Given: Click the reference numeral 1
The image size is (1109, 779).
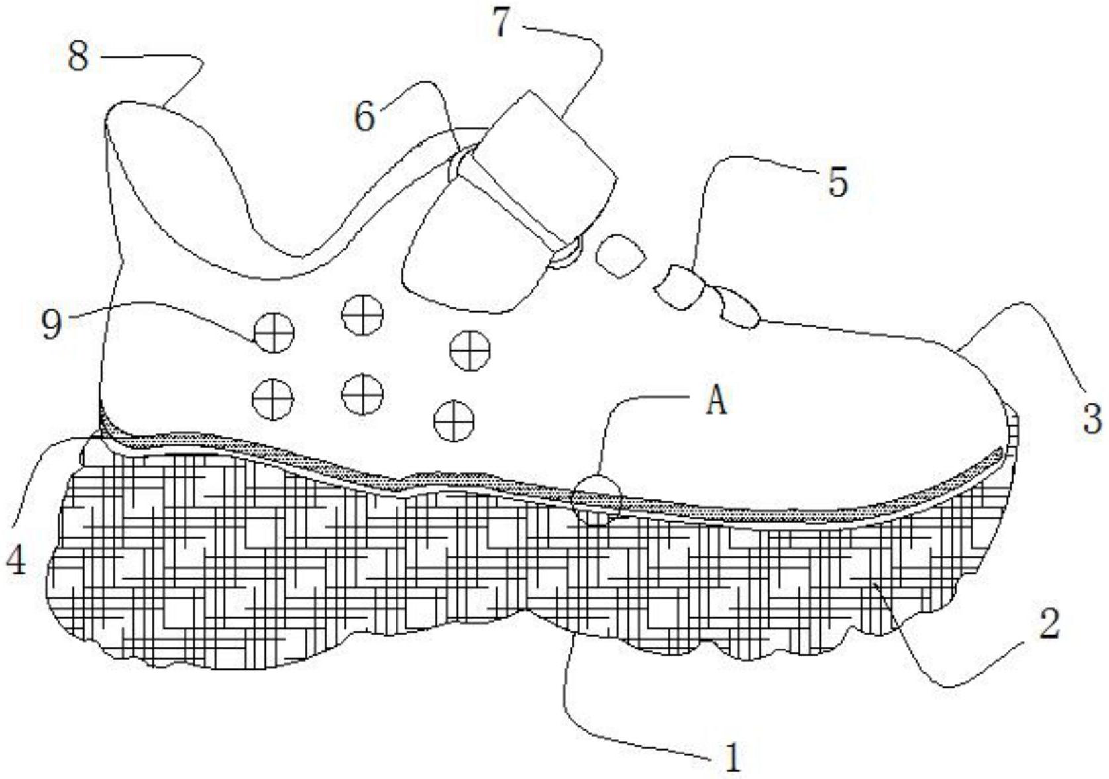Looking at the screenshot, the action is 731,756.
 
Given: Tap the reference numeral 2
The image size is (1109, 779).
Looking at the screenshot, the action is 1048,625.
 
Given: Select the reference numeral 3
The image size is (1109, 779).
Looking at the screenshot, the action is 1092,419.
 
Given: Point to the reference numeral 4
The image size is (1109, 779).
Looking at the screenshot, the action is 16,560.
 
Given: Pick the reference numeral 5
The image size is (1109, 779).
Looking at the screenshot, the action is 837,182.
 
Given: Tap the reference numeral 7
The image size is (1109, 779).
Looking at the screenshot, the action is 502,24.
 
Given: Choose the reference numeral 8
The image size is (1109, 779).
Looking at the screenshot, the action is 78,57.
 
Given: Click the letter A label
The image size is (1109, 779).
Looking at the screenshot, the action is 716,401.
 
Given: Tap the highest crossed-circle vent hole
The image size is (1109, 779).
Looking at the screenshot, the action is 362,314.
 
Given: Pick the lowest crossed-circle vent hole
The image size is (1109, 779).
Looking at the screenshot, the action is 454,420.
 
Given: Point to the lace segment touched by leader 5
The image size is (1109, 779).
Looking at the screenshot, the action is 680,286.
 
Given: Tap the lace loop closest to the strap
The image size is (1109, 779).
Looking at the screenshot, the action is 620,255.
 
